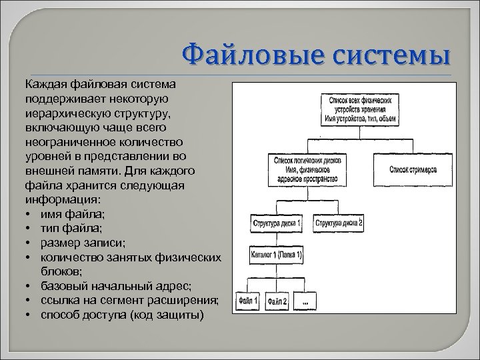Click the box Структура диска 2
point(339,223)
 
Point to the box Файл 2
point(278,301)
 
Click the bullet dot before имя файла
point(29,213)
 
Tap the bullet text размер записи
point(83,241)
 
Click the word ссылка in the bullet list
point(64,300)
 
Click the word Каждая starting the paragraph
point(46,85)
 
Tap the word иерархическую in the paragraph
point(67,113)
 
